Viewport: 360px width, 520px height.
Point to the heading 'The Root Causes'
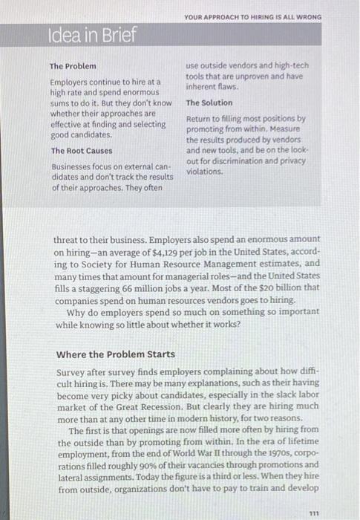point(82,151)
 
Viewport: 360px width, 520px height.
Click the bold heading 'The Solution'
point(209,103)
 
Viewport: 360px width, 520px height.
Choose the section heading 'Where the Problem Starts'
point(116,354)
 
